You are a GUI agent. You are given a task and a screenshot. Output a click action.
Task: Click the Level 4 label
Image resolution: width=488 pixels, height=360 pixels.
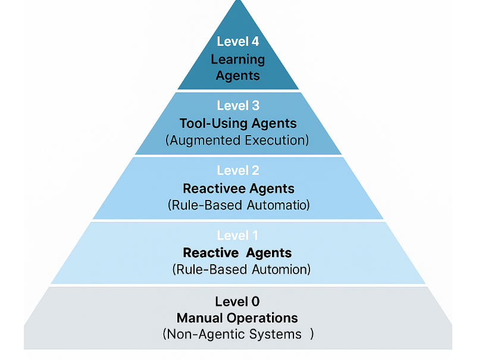237,42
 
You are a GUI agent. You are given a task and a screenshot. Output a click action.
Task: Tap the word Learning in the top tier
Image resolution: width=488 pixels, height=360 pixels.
237,60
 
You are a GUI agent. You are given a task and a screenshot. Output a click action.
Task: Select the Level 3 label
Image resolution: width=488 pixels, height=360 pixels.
237,106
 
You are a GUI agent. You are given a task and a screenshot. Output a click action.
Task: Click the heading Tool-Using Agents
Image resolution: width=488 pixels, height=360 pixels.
237,124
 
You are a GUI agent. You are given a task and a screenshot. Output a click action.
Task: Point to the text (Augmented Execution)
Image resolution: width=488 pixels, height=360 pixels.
237,140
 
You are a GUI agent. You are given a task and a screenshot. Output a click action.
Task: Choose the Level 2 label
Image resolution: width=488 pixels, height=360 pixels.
237,171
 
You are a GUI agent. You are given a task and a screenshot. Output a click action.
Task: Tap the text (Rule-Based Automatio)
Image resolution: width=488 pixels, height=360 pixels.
239,205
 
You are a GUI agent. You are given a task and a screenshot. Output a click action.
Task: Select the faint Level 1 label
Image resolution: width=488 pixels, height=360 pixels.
237,236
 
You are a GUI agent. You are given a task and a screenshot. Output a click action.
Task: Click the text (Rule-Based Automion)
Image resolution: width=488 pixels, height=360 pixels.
241,270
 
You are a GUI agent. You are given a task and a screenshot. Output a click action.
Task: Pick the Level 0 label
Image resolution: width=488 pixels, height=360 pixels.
237,301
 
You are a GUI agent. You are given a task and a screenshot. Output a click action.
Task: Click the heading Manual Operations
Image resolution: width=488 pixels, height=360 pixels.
237,318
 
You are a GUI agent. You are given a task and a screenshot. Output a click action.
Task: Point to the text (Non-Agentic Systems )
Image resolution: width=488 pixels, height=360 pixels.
237,334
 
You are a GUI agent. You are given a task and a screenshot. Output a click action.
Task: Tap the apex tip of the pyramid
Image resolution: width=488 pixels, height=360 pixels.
238,2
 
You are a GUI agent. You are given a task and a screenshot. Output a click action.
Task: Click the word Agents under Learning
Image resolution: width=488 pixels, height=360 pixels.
237,76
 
